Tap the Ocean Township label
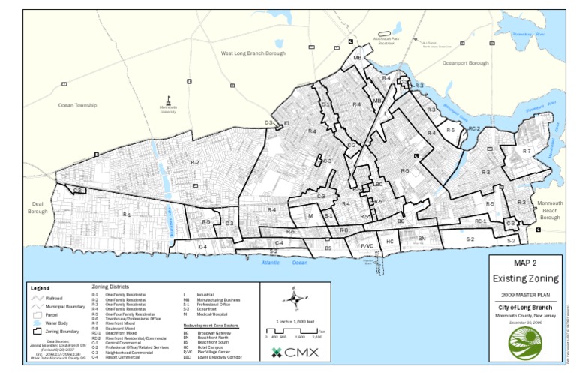[77, 105]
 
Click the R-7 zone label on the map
[526, 152]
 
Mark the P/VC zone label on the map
[367, 245]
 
